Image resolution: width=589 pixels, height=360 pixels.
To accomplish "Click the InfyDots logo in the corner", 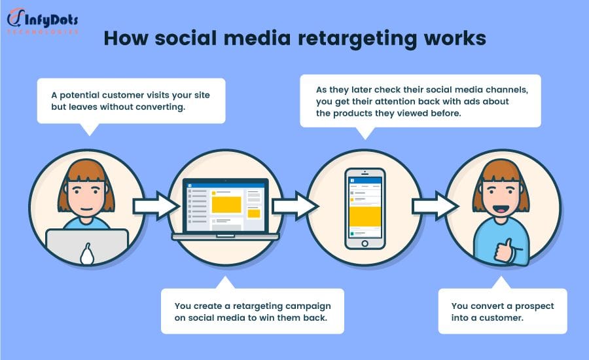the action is pos(43,22).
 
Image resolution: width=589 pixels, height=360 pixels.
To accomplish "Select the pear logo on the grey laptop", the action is pos(87,254).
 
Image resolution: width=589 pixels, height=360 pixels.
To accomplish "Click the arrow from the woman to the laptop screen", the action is pos(156,206).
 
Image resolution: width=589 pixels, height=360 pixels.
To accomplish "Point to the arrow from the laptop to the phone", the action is pos(296,206).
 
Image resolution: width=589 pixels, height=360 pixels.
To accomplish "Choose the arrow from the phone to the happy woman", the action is pos(435,206).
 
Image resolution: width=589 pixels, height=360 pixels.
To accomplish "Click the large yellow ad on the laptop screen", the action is pos(226,205).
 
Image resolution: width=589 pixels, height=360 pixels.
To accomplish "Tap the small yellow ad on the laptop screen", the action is pos(254,213).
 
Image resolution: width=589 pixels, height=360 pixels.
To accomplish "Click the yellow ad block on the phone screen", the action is pos(365,217).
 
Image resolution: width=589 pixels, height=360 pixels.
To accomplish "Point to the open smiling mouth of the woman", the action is pos(501,208).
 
